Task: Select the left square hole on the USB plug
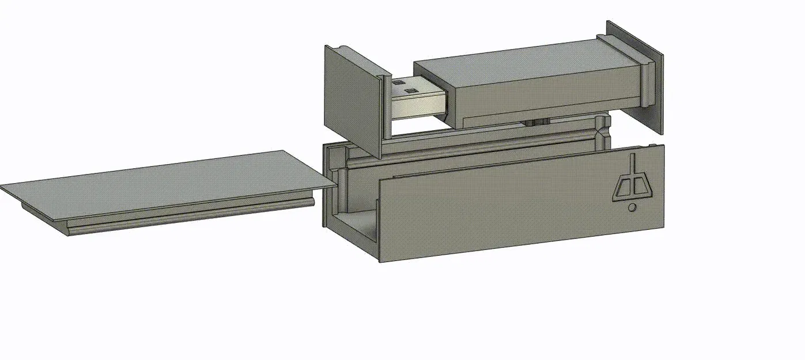click(x=399, y=84)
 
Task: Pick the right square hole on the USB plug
click(x=411, y=90)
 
